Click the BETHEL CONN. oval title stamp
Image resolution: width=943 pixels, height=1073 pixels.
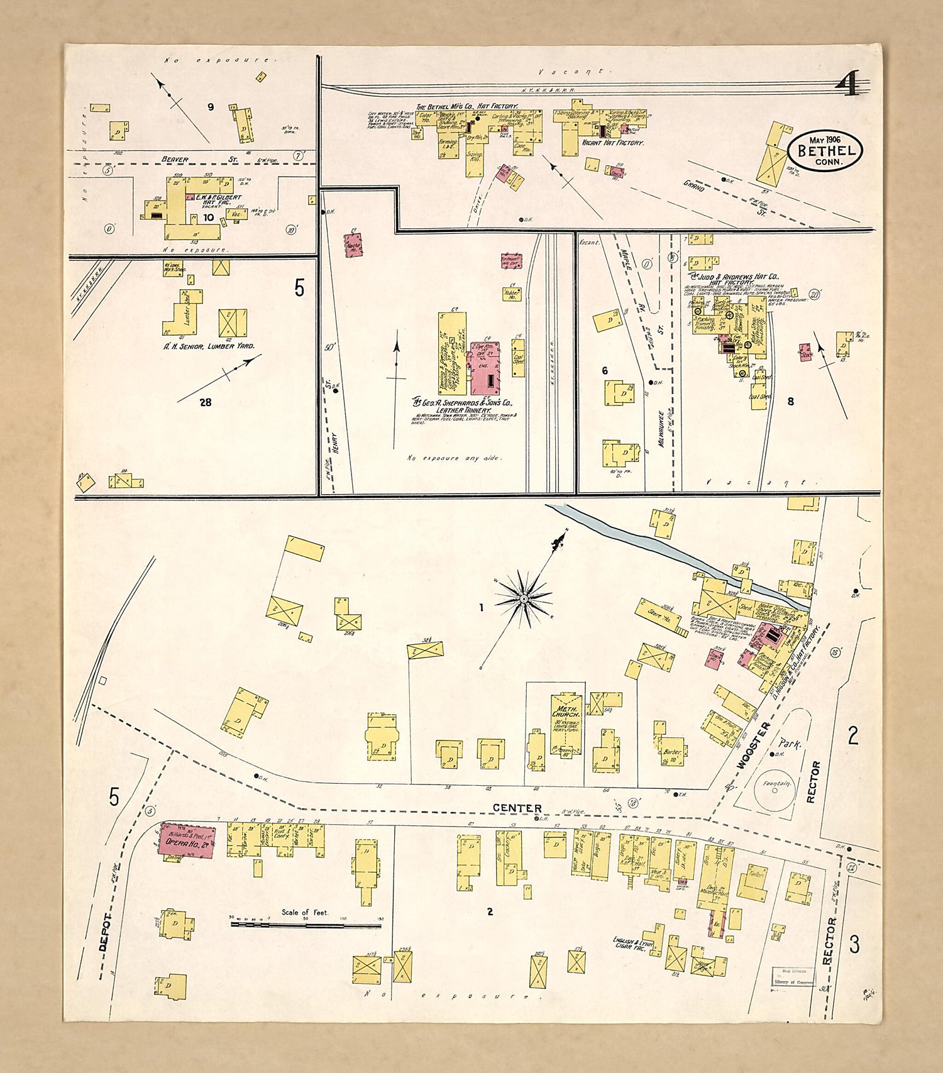pyautogui.click(x=825, y=150)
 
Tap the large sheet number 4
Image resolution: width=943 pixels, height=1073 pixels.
pyautogui.click(x=849, y=84)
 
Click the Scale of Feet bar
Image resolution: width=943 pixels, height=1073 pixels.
pyautogui.click(x=306, y=924)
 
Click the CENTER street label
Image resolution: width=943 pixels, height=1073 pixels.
pyautogui.click(x=517, y=808)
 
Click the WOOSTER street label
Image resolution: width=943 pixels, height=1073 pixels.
pyautogui.click(x=754, y=746)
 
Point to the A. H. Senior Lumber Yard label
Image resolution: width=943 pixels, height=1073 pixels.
pyautogui.click(x=209, y=346)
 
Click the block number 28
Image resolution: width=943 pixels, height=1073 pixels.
pyautogui.click(x=205, y=402)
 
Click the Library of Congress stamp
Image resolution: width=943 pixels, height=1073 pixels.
pyautogui.click(x=793, y=977)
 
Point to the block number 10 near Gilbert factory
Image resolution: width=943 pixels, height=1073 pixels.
pyautogui.click(x=208, y=217)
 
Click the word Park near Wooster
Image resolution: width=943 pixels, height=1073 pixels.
pyautogui.click(x=790, y=744)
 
